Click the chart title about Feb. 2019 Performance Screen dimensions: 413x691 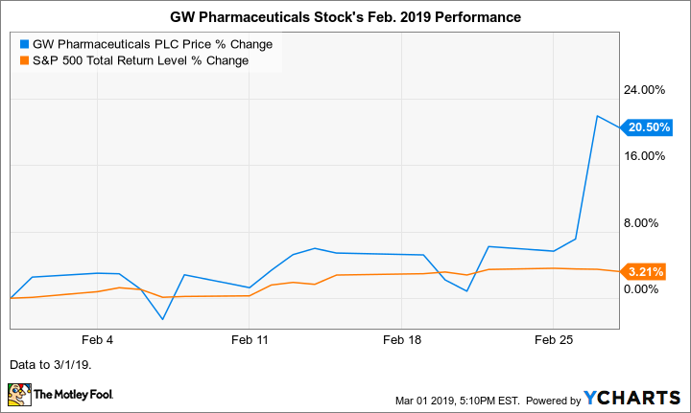[x=345, y=18]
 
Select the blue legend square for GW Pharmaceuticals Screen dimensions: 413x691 [x=24, y=44]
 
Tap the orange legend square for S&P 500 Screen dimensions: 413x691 [x=24, y=60]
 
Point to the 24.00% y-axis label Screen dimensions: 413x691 [x=645, y=90]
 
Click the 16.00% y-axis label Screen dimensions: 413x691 [x=645, y=156]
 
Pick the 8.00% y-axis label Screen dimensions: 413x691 [x=648, y=223]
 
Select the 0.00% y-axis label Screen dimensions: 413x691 [x=648, y=289]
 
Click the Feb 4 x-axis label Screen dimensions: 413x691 [x=98, y=339]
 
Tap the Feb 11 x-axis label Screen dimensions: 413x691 [x=250, y=339]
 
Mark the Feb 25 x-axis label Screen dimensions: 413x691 [x=553, y=339]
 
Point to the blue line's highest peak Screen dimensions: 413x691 [x=597, y=117]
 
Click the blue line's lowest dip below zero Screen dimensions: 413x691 [x=162, y=319]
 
